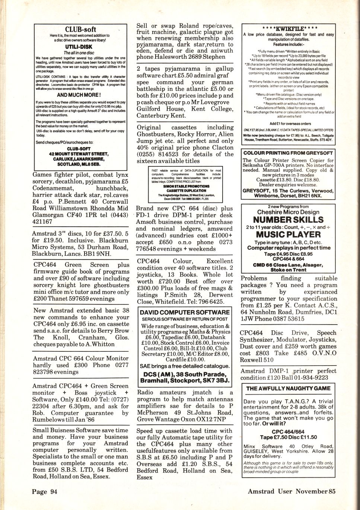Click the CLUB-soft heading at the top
click(80, 29)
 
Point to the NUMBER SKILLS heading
click(288, 220)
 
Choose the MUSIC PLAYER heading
click(288, 235)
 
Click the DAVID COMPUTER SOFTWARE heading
click(185, 312)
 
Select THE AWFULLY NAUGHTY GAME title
click(288, 388)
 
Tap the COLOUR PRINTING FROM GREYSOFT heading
click(288, 153)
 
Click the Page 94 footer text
click(45, 491)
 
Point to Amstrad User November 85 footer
click(291, 491)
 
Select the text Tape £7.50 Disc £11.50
click(289, 437)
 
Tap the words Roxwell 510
click(257, 360)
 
